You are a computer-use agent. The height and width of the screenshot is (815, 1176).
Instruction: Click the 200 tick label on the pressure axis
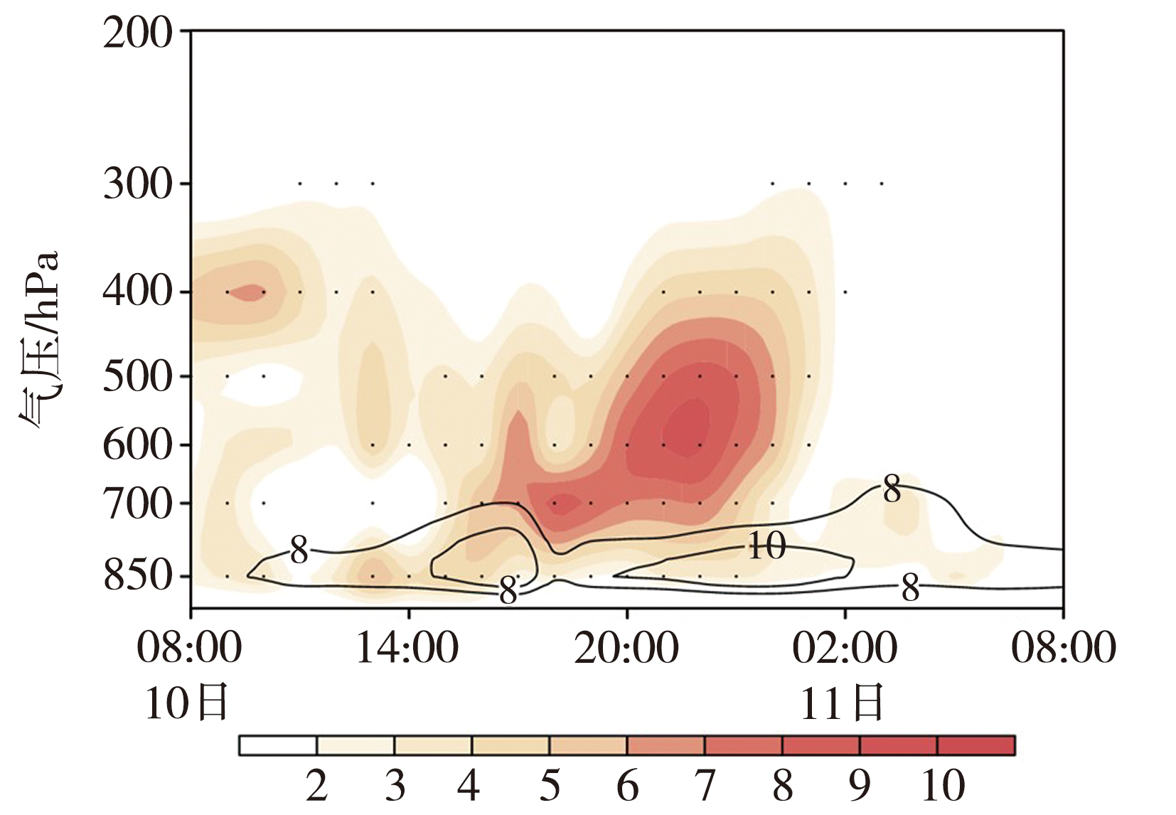pos(137,33)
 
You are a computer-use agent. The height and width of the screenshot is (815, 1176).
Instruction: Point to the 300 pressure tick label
pos(137,184)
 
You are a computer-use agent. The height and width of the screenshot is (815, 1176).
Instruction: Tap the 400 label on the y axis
pos(137,292)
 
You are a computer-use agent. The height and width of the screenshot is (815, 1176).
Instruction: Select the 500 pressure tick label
pos(137,376)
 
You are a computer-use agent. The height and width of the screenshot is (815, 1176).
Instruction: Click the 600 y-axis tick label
pos(137,445)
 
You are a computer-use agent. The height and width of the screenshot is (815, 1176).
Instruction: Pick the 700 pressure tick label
pos(137,504)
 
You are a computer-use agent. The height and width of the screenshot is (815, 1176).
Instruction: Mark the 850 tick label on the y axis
pos(137,576)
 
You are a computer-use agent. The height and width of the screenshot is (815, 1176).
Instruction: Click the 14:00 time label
pos(407,649)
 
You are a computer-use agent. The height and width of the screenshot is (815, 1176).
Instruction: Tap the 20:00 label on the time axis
pos(626,649)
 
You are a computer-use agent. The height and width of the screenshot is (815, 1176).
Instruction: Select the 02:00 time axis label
pos(845,649)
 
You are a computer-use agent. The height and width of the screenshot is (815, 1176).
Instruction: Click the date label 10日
pos(186,703)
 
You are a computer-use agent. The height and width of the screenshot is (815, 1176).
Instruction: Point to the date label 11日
pos(842,703)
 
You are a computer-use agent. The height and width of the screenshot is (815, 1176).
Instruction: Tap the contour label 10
pos(766,546)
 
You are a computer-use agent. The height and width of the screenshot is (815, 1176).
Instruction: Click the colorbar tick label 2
pos(317,786)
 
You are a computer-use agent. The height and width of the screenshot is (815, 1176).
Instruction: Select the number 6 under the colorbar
pos(627,786)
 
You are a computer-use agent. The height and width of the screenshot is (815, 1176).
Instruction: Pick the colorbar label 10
pos(943,786)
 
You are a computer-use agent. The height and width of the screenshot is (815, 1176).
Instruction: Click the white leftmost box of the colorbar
pos(278,745)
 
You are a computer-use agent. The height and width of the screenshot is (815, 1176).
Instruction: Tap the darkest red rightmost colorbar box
pos(976,745)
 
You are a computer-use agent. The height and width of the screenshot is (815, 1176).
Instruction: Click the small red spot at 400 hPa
pos(248,292)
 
